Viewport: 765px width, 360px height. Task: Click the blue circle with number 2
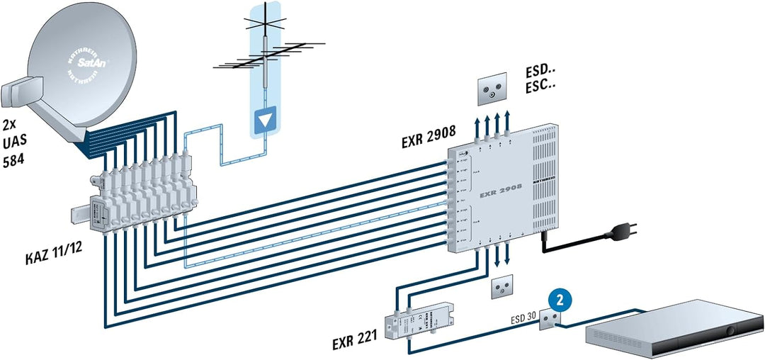point(560,300)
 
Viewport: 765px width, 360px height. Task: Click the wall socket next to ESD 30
point(548,320)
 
